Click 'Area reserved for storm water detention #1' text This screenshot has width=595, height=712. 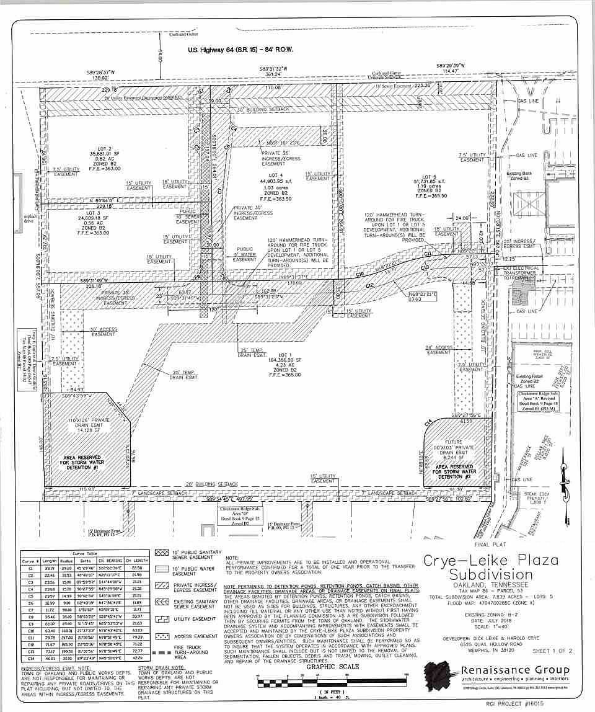tap(88, 462)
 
